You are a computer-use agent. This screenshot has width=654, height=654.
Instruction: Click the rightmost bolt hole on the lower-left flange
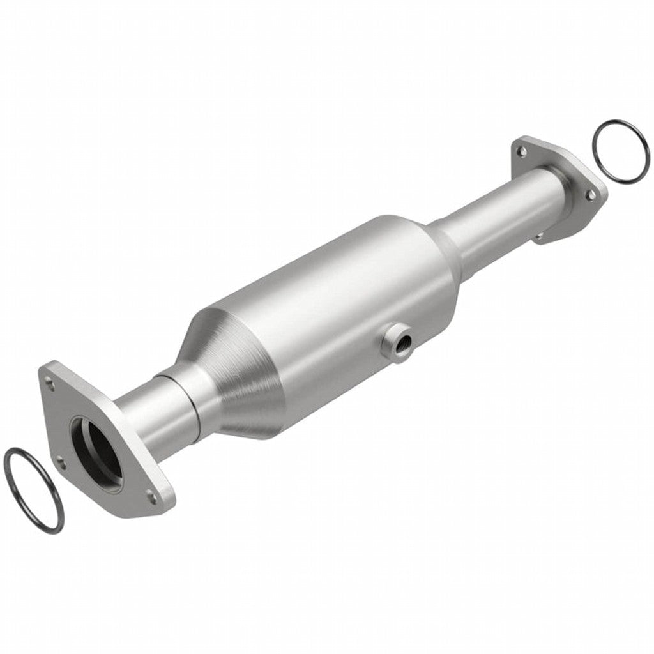(151, 493)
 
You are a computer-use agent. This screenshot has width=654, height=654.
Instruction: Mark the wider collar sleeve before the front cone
(192, 396)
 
